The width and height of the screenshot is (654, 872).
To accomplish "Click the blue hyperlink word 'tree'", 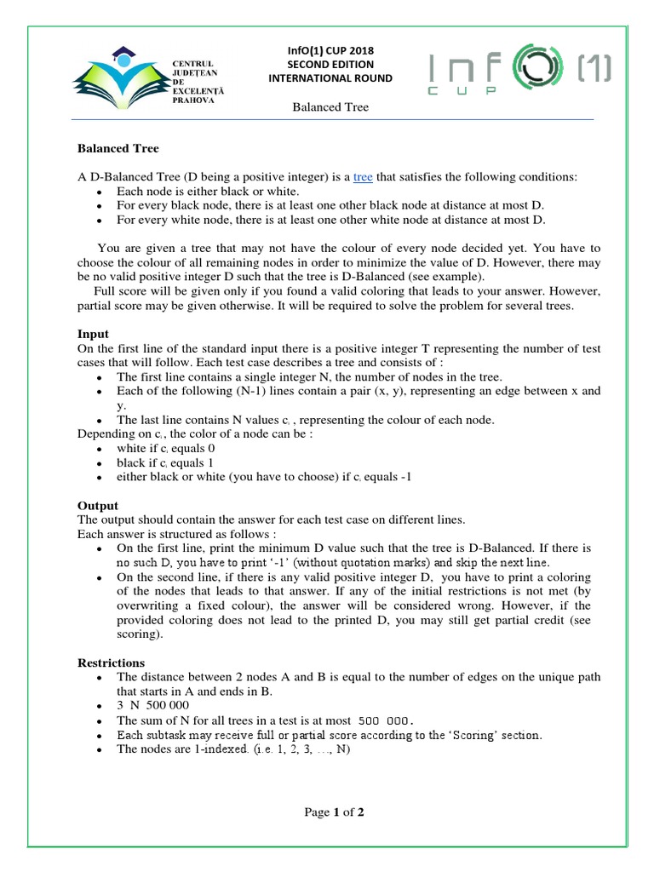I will (x=363, y=177).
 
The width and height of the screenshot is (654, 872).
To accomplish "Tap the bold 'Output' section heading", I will (x=98, y=505).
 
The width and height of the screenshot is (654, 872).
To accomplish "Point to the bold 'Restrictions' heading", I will (x=111, y=663).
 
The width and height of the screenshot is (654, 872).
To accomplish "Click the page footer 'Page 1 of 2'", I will (x=335, y=812).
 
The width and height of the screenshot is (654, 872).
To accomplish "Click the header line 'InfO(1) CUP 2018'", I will (x=330, y=49).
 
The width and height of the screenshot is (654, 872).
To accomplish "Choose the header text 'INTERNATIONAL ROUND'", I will (x=330, y=78).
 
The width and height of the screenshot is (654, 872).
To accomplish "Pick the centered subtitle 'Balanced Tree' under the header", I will (x=330, y=107).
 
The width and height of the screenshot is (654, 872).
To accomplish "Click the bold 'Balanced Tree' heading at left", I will (x=118, y=148).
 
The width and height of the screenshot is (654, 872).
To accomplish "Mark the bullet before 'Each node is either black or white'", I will (x=100, y=192).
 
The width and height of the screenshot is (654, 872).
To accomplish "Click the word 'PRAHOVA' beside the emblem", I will (x=192, y=100).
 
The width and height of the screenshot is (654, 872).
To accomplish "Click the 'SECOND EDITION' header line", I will (x=330, y=64).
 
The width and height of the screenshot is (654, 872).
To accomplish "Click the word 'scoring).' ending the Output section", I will (x=140, y=634).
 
